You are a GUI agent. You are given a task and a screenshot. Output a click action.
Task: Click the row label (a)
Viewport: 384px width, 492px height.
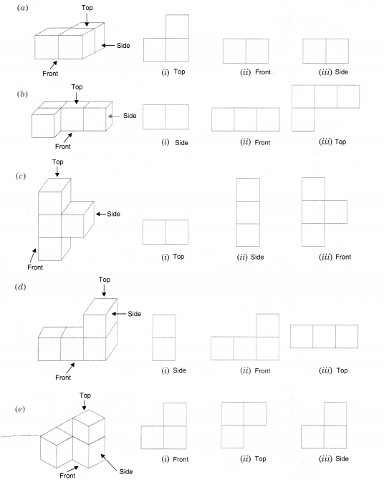[22, 8]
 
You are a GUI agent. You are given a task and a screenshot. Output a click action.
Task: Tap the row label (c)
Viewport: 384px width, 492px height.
[21, 176]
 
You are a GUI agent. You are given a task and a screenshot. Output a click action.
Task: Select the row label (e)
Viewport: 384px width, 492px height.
[20, 409]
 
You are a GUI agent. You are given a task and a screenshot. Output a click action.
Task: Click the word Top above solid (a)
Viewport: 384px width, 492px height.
[87, 8]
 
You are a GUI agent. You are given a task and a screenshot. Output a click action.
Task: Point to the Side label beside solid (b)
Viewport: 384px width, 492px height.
[130, 116]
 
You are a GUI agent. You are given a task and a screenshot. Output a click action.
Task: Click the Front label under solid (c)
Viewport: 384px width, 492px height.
[35, 267]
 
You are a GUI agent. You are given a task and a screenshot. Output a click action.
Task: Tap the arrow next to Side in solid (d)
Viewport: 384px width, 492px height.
[118, 314]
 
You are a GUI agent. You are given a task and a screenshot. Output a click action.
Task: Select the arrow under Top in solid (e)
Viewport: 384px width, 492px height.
[84, 405]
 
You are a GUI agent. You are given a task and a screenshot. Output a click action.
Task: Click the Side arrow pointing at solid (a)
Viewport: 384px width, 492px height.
[107, 46]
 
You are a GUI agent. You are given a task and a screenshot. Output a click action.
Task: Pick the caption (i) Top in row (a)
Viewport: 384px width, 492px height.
[173, 72]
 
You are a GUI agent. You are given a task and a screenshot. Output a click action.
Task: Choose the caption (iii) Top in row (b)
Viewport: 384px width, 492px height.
[332, 142]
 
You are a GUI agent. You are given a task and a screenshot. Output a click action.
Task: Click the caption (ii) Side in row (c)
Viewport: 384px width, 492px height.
[250, 257]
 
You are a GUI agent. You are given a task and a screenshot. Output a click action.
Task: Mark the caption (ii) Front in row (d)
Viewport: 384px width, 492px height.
[255, 371]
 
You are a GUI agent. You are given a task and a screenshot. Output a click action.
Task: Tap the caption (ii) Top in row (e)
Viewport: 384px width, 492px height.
[253, 459]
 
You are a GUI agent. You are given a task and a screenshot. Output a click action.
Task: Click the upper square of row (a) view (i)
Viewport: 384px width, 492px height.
[177, 26]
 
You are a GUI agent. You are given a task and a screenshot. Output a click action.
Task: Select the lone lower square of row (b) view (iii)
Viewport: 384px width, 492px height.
[303, 119]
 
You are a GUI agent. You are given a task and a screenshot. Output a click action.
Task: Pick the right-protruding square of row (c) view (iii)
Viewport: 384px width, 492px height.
[336, 212]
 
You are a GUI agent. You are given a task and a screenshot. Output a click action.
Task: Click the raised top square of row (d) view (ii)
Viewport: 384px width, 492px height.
[267, 325]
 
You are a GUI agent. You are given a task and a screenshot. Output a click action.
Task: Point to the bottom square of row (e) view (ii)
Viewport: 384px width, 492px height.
[233, 437]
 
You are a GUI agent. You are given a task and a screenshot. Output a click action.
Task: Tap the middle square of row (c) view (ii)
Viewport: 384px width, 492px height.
[249, 212]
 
